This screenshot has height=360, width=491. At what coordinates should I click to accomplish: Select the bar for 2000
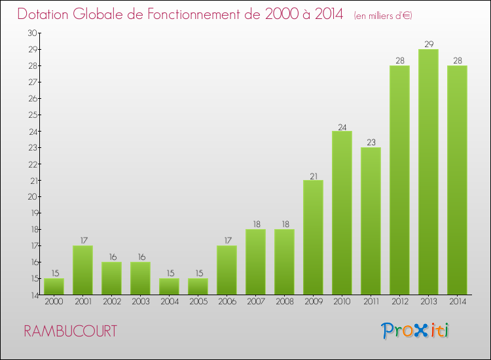[x=54, y=286]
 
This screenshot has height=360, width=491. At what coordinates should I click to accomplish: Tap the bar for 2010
[x=342, y=213]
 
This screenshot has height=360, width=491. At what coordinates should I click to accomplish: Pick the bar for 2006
[x=227, y=270]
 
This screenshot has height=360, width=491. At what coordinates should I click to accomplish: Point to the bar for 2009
[x=313, y=237]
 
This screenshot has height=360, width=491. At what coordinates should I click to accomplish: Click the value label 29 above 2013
[x=428, y=44]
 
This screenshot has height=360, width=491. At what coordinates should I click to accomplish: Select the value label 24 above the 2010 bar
[x=342, y=126]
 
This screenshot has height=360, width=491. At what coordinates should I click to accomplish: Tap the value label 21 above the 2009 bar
[x=313, y=175]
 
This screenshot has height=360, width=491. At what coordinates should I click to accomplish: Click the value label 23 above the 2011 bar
[x=371, y=142]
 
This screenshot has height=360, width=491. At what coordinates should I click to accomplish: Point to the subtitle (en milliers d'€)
[x=383, y=16]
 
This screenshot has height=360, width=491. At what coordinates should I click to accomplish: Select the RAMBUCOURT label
[x=71, y=331]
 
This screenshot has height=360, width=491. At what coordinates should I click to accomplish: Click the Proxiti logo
[x=416, y=331]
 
